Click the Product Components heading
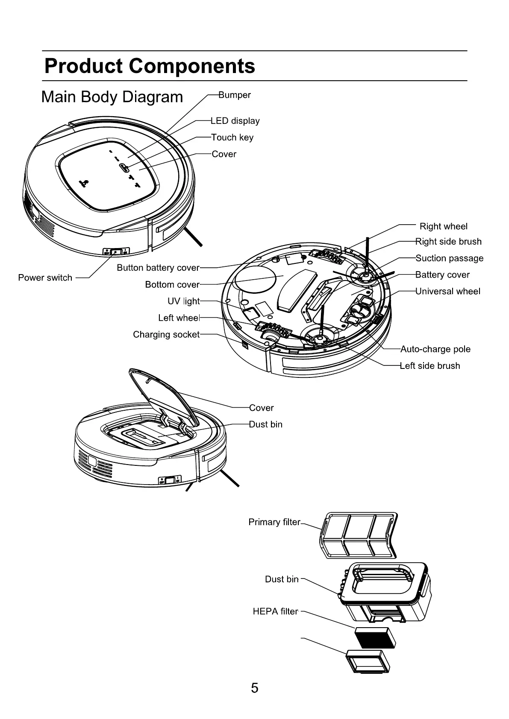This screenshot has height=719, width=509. [x=150, y=66]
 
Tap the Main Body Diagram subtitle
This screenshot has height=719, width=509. [x=112, y=97]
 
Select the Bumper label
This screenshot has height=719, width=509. [x=235, y=95]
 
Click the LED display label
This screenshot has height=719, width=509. [x=235, y=121]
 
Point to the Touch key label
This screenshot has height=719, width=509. [x=232, y=137]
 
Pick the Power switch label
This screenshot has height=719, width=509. [x=45, y=278]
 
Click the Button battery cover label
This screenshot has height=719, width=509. [x=158, y=268]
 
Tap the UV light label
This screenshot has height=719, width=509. [x=183, y=301]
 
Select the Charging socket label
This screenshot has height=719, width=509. [x=166, y=334]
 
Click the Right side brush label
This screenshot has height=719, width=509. [x=448, y=242]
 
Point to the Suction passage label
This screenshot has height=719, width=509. [x=450, y=258]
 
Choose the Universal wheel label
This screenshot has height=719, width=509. [x=448, y=291]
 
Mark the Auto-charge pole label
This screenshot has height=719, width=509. [x=435, y=349]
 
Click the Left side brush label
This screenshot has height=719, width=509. [x=430, y=366]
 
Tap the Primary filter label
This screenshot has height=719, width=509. [x=274, y=522]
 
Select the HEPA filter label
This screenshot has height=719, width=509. [x=275, y=611]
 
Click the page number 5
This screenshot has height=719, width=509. [x=255, y=688]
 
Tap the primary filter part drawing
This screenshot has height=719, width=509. [x=358, y=535]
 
